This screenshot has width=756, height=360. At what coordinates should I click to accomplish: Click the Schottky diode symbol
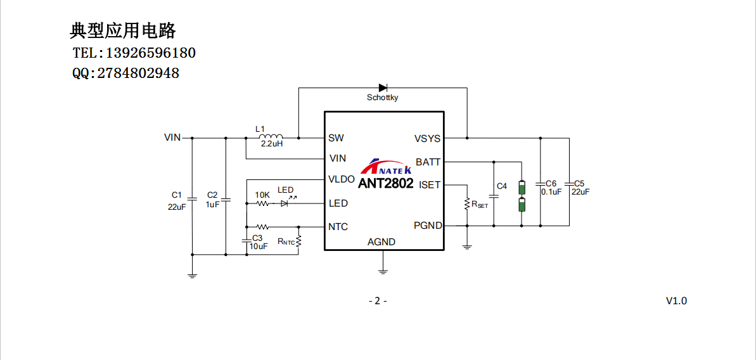pyautogui.click(x=383, y=88)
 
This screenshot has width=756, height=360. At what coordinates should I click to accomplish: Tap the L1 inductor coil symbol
pyautogui.click(x=272, y=138)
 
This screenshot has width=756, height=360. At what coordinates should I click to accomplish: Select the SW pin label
pyautogui.click(x=336, y=138)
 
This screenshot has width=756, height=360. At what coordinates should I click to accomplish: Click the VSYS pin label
pyautogui.click(x=427, y=139)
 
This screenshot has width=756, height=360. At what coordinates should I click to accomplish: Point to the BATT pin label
pyautogui.click(x=428, y=162)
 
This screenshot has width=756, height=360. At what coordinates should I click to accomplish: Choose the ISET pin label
pyautogui.click(x=430, y=185)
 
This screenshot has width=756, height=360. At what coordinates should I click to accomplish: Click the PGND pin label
pyautogui.click(x=428, y=226)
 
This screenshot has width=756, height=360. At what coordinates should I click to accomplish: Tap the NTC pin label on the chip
pyautogui.click(x=338, y=227)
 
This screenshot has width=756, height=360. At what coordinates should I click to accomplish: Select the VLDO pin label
pyautogui.click(x=342, y=179)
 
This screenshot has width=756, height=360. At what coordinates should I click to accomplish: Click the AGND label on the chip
pyautogui.click(x=381, y=242)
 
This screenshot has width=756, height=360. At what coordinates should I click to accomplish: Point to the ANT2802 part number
pyautogui.click(x=385, y=184)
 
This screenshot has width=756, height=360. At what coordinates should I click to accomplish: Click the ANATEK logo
pyautogui.click(x=386, y=167)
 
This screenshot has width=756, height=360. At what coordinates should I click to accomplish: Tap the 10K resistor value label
pyautogui.click(x=262, y=195)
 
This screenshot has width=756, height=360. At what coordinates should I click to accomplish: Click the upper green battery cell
pyautogui.click(x=522, y=188)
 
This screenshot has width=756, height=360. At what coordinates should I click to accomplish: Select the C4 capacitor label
pyautogui.click(x=502, y=186)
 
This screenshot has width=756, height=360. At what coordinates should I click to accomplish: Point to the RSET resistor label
pyautogui.click(x=480, y=204)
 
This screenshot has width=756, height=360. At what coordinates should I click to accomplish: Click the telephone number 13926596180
pyautogui.click(x=150, y=53)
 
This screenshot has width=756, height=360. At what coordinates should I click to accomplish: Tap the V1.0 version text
pyautogui.click(x=676, y=301)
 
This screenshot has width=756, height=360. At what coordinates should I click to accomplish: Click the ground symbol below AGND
pyautogui.click(x=383, y=271)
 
